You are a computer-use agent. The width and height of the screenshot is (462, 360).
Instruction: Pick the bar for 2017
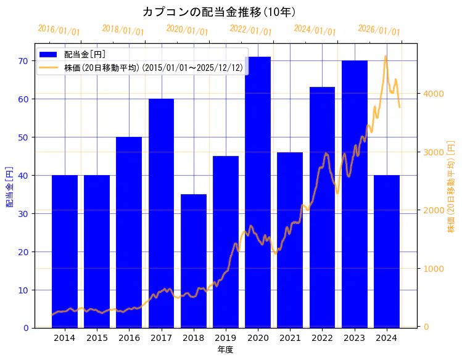coord(161,213)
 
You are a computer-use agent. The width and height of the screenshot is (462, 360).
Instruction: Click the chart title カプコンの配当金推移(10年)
coord(219,12)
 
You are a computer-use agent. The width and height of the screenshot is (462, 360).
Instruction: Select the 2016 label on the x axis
coord(129,338)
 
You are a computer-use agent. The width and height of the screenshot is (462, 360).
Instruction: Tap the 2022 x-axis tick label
coord(322,338)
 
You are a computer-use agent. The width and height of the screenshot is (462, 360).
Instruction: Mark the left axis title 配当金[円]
coord(9,186)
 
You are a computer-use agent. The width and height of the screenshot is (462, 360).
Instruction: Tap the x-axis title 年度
coord(225,350)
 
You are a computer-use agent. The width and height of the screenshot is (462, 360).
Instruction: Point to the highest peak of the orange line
coord(386,56)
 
